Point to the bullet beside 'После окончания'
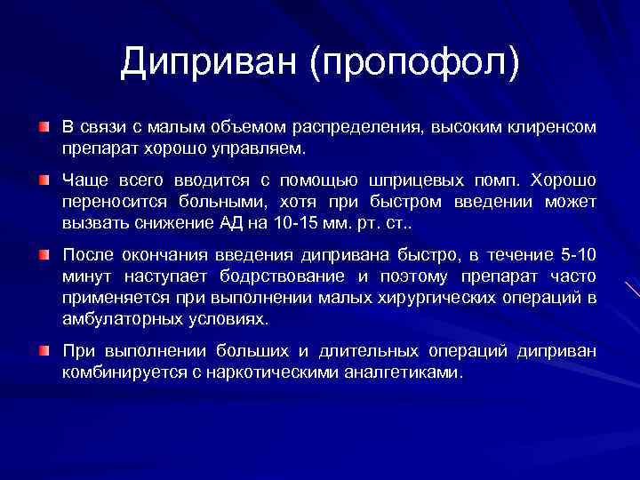[x=44, y=255]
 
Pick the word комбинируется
[x=112, y=372]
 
